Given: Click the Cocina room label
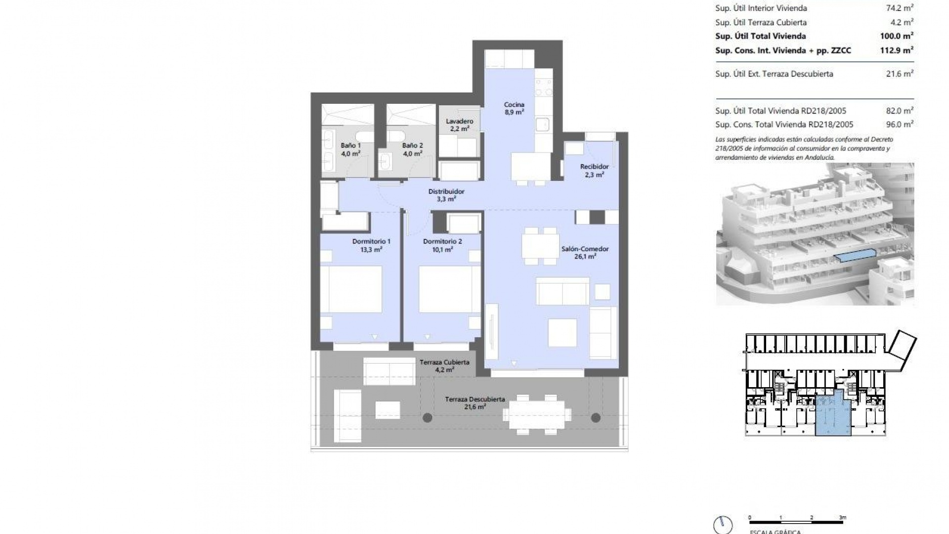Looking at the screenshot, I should pyautogui.click(x=514, y=108).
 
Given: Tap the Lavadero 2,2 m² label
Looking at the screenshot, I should pyautogui.click(x=459, y=125).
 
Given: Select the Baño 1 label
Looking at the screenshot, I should pyautogui.click(x=350, y=149).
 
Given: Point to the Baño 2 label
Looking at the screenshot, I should pyautogui.click(x=412, y=149).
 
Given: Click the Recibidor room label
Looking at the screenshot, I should pyautogui.click(x=594, y=170).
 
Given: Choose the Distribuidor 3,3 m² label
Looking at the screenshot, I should pyautogui.click(x=446, y=195).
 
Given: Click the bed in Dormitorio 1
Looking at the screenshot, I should pyautogui.click(x=351, y=289).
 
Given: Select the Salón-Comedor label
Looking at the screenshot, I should pyautogui.click(x=585, y=252).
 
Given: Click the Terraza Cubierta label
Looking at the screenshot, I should pyautogui.click(x=444, y=365).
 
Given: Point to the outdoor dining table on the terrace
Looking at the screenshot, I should pyautogui.click(x=537, y=415).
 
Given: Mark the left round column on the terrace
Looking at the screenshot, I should pyautogui.click(x=428, y=418).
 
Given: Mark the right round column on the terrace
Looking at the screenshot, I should pyautogui.click(x=596, y=418).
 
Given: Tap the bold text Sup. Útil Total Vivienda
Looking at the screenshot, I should pyautogui.click(x=760, y=36).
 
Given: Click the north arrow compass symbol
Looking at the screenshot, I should pyautogui.click(x=723, y=525).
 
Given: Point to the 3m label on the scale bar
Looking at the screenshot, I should pyautogui.click(x=843, y=518).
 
